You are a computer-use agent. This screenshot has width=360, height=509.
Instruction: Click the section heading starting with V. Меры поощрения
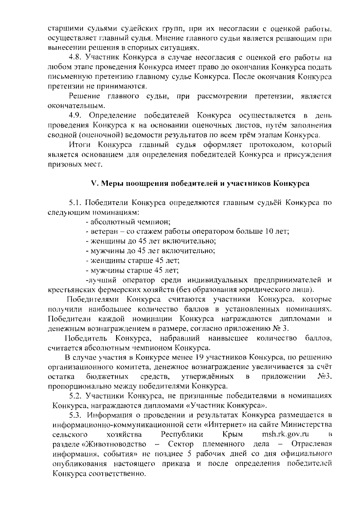click(200, 183)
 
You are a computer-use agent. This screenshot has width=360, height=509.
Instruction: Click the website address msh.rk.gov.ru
click(285, 434)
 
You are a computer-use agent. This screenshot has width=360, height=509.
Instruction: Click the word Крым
click(233, 434)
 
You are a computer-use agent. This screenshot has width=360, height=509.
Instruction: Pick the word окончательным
click(77, 106)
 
